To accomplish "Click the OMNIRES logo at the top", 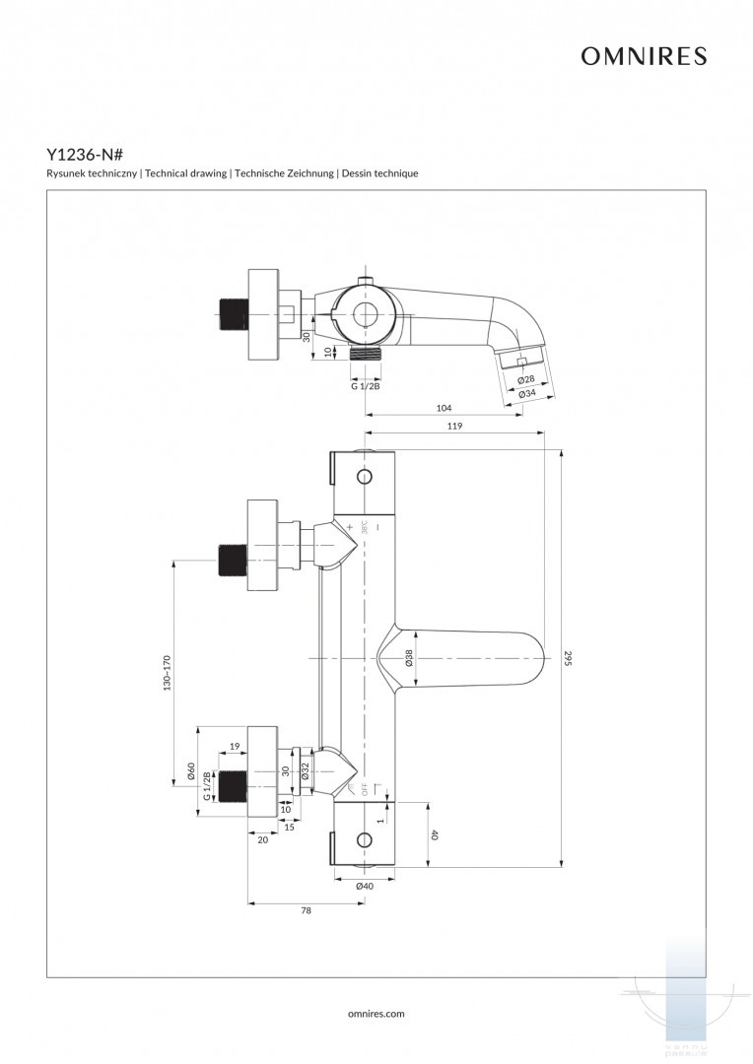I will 643,57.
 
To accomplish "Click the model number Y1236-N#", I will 84,155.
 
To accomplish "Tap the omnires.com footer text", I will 376,1013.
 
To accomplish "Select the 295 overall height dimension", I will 569,658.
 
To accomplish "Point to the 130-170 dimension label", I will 168,674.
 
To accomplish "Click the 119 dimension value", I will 454,427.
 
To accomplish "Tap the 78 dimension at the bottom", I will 306,911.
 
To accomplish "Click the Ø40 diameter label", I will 365,886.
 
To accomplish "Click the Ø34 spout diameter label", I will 527,393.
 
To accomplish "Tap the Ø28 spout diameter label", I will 526,379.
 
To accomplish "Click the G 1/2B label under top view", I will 366,386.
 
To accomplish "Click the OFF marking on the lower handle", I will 364,788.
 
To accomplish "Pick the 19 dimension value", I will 235,746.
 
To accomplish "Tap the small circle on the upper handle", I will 365,478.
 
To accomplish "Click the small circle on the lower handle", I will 365,840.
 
